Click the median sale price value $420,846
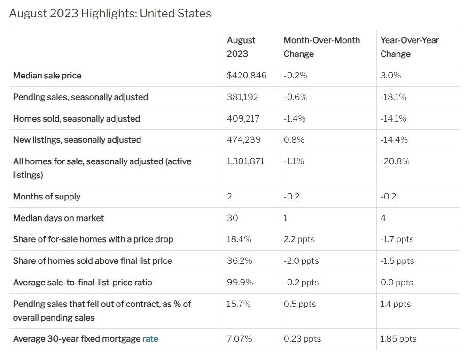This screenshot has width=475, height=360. [x=247, y=76]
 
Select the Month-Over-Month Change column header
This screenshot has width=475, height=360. [x=321, y=47]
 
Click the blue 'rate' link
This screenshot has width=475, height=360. [x=150, y=339]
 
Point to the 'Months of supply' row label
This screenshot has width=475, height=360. [x=47, y=197]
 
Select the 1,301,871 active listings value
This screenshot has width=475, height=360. [x=245, y=161]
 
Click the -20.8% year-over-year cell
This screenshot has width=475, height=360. [x=395, y=161]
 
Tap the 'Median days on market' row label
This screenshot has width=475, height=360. [x=58, y=218]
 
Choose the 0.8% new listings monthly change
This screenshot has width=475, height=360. [x=294, y=140]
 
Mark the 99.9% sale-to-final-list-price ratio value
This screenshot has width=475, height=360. [x=240, y=283]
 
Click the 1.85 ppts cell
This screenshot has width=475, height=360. [x=398, y=339]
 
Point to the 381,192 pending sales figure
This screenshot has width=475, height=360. [x=242, y=97]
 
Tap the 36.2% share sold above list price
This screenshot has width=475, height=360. [x=239, y=261]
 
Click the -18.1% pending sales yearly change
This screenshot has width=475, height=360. [x=393, y=97]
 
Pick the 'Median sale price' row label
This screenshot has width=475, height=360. [x=47, y=76]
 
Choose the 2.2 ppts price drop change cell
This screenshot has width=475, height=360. [x=299, y=239]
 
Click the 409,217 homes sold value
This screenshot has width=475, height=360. [x=242, y=119]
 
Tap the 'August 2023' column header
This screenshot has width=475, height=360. [x=241, y=47]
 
